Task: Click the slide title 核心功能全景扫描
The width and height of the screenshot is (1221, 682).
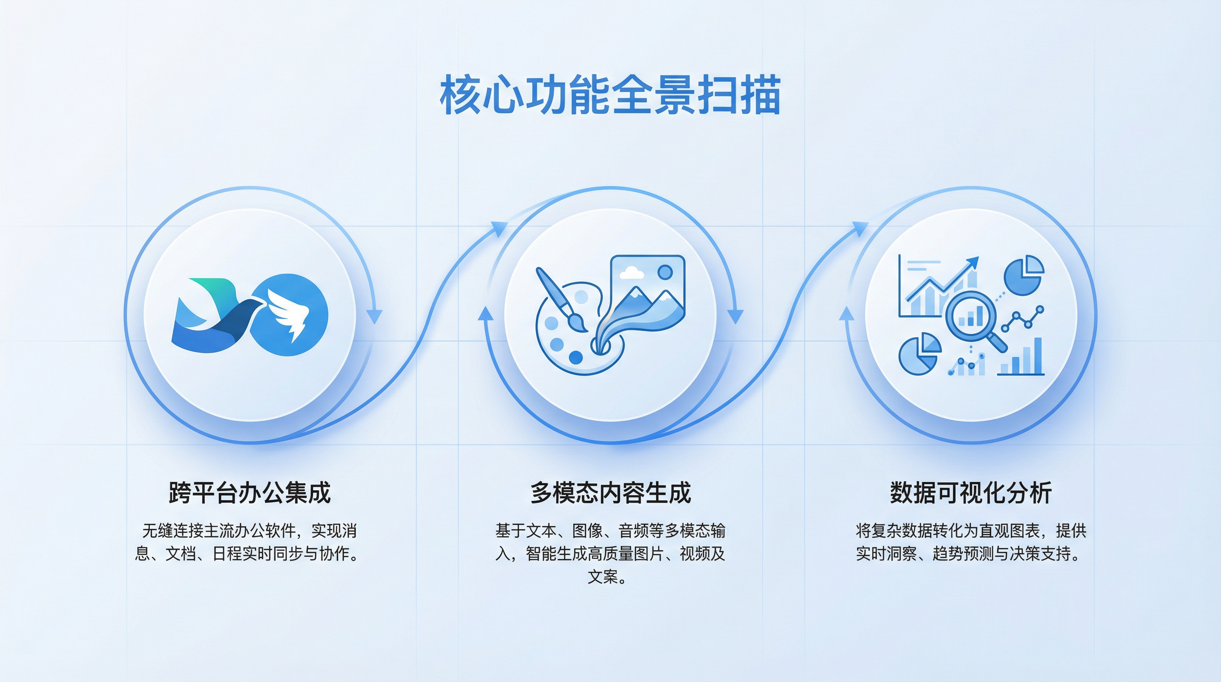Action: [610, 95]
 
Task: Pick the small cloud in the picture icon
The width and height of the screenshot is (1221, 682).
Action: [631, 273]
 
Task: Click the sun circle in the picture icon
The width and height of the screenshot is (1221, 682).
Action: [665, 272]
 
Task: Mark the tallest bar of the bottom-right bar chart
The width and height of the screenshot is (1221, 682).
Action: [1038, 356]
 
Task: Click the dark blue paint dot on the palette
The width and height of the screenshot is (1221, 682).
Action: [575, 357]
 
